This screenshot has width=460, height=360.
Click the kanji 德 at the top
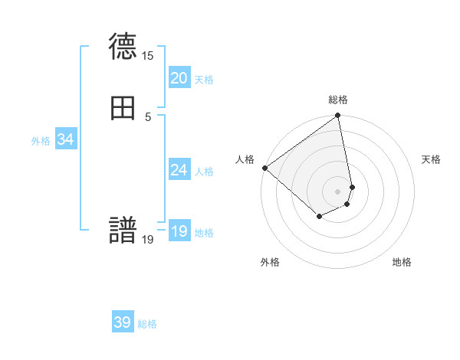point(123,47)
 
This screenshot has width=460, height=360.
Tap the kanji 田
point(123,108)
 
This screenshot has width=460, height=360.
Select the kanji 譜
point(123,231)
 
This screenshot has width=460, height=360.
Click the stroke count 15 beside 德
point(147,56)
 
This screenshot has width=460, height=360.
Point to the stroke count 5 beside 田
point(148,116)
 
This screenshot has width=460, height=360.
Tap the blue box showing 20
point(179,78)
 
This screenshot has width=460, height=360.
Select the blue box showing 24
point(179,170)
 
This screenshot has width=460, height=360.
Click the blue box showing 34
point(65,139)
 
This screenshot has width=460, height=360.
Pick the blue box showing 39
point(123,322)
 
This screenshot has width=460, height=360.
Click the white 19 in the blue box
point(179,231)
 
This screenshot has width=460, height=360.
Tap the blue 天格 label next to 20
point(204,80)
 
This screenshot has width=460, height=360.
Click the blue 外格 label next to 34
point(41,141)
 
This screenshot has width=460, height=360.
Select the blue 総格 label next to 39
point(147,324)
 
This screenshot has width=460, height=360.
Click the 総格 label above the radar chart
point(338,100)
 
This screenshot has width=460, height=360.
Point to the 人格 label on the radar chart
point(245,159)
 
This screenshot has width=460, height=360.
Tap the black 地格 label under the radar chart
point(402,262)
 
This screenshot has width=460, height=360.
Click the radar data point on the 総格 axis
point(338,116)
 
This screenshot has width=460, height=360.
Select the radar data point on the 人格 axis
point(264,167)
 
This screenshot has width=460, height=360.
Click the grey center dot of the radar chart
point(338,191)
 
